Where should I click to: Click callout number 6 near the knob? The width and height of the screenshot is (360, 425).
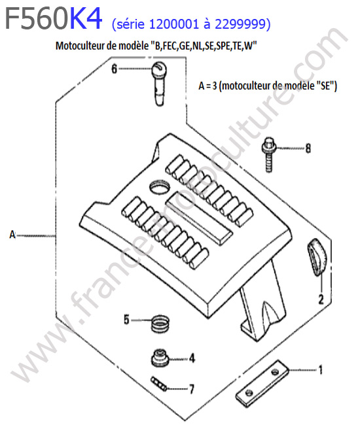114,69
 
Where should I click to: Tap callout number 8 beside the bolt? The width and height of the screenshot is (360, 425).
308,148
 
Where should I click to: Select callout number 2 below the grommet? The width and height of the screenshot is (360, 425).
321,299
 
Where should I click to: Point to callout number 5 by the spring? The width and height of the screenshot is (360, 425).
126,319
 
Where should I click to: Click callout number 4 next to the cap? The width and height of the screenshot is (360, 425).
192,358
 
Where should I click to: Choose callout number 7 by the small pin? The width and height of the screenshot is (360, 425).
192,389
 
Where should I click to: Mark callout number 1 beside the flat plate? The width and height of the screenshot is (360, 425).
320,369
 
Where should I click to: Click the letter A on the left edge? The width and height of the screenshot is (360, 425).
12,235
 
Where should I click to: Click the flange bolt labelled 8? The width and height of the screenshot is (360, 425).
268,154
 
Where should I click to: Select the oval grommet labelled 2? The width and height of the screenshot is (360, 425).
317,257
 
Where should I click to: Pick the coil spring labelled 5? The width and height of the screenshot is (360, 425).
160,323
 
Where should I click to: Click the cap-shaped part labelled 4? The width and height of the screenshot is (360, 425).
160,358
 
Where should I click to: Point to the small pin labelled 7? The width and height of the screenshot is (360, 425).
159,384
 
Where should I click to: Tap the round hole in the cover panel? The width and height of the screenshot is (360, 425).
159,187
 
